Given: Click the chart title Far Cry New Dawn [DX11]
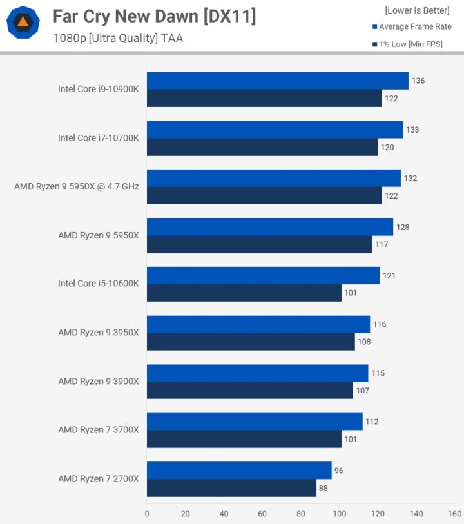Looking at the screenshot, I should (x=154, y=17).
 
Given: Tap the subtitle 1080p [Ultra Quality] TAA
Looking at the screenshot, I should (x=118, y=38).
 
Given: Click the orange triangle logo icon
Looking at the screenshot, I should (x=23, y=23).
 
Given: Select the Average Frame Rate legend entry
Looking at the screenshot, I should (x=414, y=27).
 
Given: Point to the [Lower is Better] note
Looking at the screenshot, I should (x=417, y=10).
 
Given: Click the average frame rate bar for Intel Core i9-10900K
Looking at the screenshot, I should (x=277, y=81).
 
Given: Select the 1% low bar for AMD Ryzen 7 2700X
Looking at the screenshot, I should (x=231, y=488).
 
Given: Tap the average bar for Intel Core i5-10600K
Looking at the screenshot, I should (x=263, y=275).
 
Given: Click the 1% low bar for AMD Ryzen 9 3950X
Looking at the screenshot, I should (x=251, y=342).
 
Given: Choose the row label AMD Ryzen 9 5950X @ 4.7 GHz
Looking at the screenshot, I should (x=77, y=187).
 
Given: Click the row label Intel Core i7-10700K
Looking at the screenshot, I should (x=98, y=138).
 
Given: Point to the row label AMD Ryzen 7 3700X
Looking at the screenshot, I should (x=98, y=430).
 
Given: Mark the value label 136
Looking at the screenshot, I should (x=418, y=81).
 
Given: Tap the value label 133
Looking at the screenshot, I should (x=412, y=130).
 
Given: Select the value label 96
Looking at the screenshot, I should (x=339, y=471).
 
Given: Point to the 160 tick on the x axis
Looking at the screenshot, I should (x=454, y=514).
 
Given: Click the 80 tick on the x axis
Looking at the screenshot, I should (x=300, y=514).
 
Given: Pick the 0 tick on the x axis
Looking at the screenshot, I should (x=147, y=514).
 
